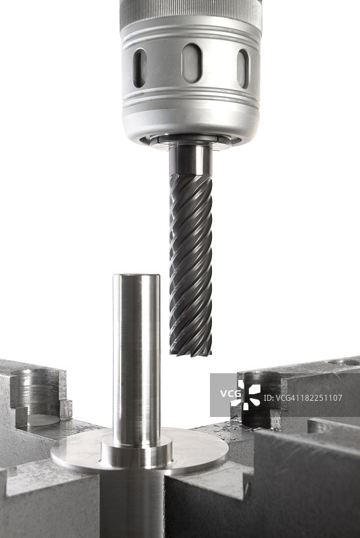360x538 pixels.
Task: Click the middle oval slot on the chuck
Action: pyautogui.click(x=192, y=63)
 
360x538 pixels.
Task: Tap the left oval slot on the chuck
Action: pyautogui.click(x=140, y=68)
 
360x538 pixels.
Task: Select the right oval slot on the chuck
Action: pyautogui.click(x=243, y=69)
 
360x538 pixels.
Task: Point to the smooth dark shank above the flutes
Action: pyautogui.click(x=190, y=160)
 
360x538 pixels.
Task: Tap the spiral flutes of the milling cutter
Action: pyautogui.click(x=190, y=264)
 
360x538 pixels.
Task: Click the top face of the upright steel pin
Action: pyautogui.click(x=136, y=276)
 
